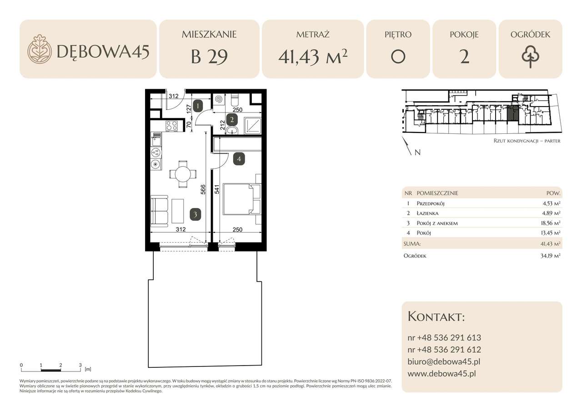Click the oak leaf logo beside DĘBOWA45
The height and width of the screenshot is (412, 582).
[x=40, y=49]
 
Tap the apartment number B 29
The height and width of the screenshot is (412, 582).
[x=209, y=57]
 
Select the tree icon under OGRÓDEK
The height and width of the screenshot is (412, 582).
[x=530, y=57]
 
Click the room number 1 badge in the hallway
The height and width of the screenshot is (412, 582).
[x=198, y=106]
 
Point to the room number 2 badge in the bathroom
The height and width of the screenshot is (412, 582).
[x=232, y=120]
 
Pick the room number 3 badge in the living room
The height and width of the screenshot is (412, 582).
[x=195, y=214]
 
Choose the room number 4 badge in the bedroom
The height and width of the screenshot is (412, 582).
[x=239, y=159]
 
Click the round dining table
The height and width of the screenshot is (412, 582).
[x=183, y=174]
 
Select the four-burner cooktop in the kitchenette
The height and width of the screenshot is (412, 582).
[x=171, y=126]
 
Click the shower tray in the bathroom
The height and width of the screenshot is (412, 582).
[x=252, y=125]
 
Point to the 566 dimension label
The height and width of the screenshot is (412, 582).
[x=203, y=189]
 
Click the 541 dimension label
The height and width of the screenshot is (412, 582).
[x=217, y=189]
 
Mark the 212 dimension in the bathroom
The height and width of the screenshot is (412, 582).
[x=222, y=125]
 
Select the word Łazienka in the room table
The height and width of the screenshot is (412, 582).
[x=427, y=213]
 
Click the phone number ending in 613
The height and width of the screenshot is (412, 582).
[x=444, y=338]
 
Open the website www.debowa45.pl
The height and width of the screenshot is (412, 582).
[x=442, y=373]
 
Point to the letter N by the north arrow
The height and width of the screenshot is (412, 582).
[x=417, y=153]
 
